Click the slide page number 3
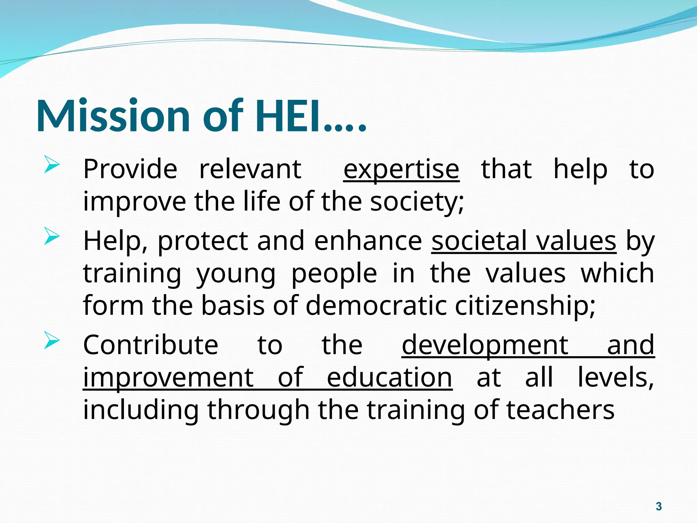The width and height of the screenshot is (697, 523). pos(659,506)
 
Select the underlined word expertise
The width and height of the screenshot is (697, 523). pos(401,169)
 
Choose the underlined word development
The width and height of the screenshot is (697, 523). pos(485,345)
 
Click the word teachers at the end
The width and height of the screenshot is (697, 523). pos(560,410)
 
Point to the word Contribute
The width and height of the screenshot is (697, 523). pos(150,345)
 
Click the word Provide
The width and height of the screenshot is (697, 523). pos(130,169)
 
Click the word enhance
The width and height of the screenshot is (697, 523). pos(368,241)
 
